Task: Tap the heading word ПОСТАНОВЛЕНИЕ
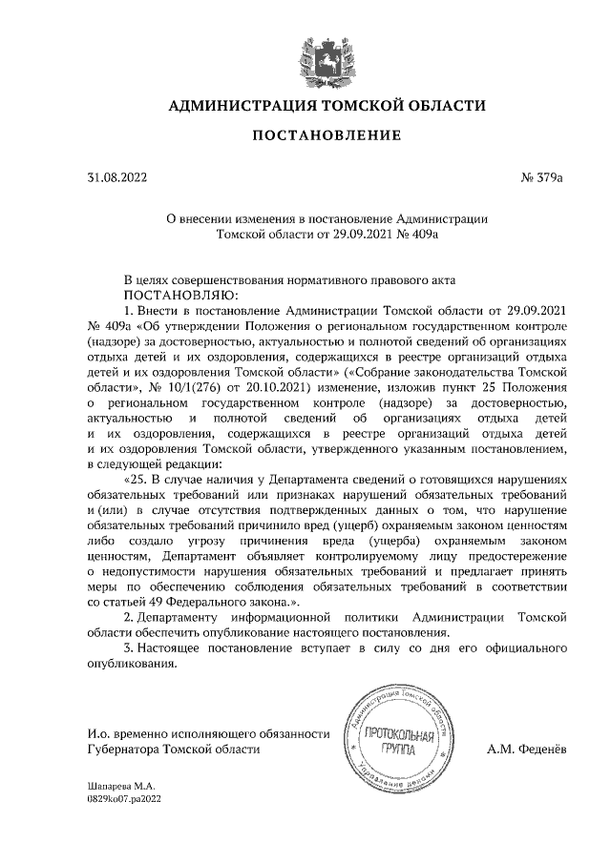pos(326,136)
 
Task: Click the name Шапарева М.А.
pos(114,787)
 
